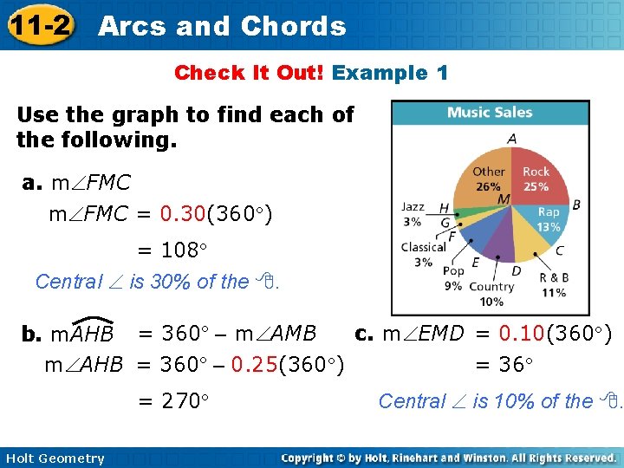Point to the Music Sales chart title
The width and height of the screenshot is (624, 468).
click(490, 112)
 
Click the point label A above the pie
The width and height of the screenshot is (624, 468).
click(511, 138)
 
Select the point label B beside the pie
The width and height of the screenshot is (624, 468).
click(575, 205)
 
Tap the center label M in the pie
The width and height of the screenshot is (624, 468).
click(504, 200)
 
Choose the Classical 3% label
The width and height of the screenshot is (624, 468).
click(423, 254)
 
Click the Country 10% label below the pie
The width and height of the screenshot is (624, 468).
click(491, 294)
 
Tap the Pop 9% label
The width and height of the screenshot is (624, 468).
click(452, 276)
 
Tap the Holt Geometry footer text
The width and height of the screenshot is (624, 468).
click(54, 458)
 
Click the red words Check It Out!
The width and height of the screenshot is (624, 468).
click(249, 73)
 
